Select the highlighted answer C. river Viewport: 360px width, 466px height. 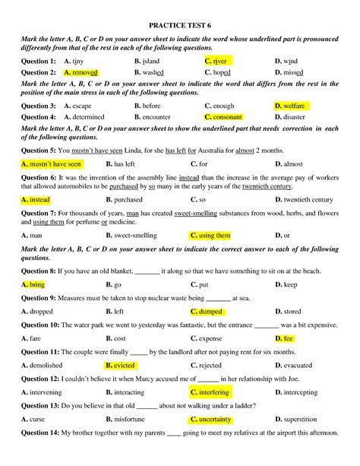[219, 60]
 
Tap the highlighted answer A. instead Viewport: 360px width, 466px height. [36, 200]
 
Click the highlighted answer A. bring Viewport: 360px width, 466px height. [33, 284]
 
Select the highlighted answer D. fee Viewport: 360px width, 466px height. [284, 338]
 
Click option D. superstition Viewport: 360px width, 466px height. [301, 420]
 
